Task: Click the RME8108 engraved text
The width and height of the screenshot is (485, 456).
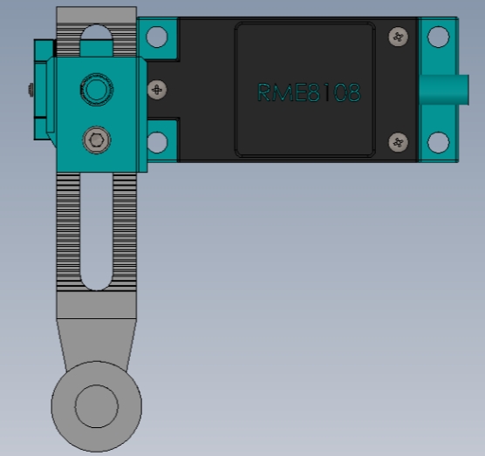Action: click(309, 92)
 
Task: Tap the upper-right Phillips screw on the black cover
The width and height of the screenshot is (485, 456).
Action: click(398, 37)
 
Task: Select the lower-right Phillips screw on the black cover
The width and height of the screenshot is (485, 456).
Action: click(398, 142)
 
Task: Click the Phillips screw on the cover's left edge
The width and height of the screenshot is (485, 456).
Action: click(157, 90)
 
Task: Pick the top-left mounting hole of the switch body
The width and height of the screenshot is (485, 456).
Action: click(157, 37)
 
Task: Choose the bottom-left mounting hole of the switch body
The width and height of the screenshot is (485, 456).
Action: click(157, 142)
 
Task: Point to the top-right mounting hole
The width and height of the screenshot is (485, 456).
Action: click(438, 37)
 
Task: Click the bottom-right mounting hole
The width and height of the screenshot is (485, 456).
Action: click(438, 142)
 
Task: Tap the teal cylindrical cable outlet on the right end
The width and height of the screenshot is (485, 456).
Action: click(444, 90)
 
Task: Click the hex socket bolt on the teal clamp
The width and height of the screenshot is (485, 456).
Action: click(97, 140)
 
